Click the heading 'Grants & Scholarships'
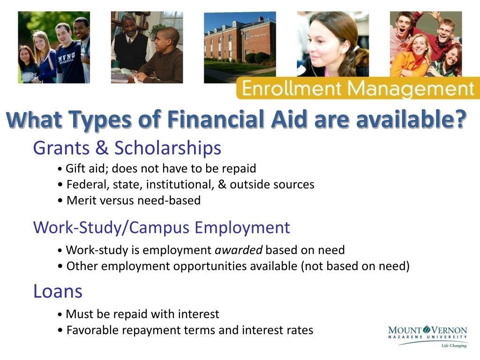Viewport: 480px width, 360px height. (127, 148)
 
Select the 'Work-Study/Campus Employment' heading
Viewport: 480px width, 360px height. (161, 227)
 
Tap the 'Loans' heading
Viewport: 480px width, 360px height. (58, 291)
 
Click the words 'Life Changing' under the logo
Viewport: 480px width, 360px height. (454, 346)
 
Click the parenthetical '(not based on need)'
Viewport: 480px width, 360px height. (355, 266)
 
